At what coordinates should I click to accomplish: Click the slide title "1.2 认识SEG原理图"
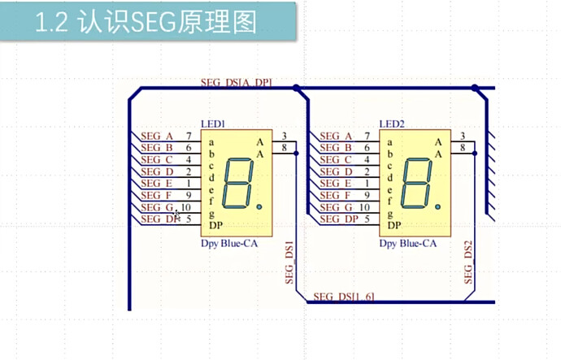[x=146, y=22]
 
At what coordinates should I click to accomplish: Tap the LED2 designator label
[x=391, y=124]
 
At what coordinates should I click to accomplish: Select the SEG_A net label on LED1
[x=157, y=136]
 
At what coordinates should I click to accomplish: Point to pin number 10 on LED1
[x=185, y=208]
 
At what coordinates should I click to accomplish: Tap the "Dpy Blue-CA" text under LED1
[x=230, y=243]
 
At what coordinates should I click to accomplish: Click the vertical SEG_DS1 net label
[x=289, y=262]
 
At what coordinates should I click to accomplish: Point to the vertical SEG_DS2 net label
[x=468, y=262]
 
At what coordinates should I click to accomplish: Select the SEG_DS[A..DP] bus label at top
[x=236, y=82]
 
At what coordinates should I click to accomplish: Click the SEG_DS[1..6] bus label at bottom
[x=344, y=296]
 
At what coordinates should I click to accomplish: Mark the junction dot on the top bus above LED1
[x=297, y=88]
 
